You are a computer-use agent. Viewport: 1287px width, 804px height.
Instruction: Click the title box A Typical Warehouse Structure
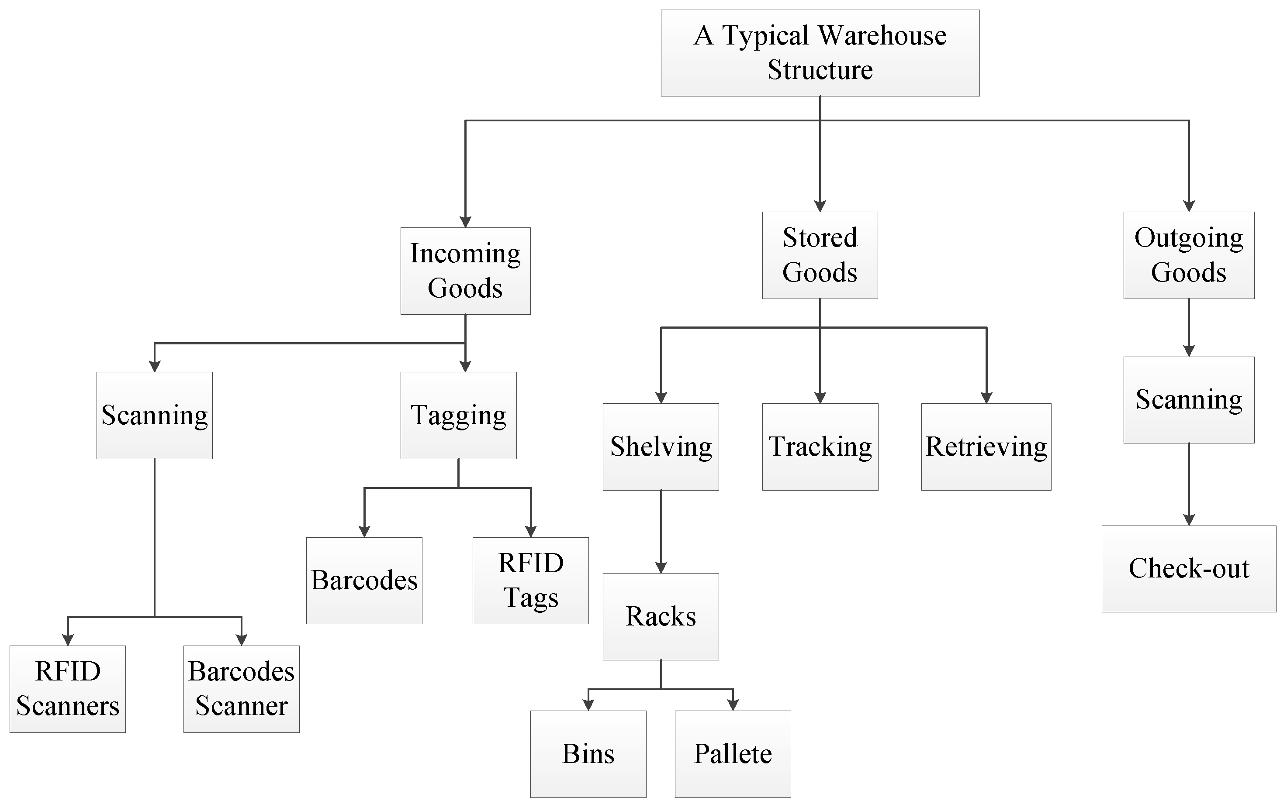(820, 53)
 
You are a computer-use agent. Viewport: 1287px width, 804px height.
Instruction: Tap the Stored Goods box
(820, 255)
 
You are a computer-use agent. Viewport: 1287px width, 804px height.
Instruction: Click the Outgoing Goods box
(1189, 255)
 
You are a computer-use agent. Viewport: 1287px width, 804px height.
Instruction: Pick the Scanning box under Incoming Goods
(154, 415)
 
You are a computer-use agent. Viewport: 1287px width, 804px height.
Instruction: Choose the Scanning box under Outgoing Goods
(1189, 399)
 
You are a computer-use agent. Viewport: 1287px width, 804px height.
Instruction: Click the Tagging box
(458, 415)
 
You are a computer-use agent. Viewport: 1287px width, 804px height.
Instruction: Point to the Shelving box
(661, 447)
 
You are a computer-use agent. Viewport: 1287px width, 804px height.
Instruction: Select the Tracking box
(820, 447)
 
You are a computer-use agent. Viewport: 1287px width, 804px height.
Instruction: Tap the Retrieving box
(986, 447)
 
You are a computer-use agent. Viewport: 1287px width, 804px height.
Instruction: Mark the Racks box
(661, 616)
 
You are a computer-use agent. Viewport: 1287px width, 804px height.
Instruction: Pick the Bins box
(588, 753)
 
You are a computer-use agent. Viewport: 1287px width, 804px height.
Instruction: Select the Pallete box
(733, 753)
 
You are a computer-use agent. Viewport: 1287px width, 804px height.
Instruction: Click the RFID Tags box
(530, 580)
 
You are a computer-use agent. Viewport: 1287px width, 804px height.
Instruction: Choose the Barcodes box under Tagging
(364, 580)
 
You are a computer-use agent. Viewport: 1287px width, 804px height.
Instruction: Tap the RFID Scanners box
(68, 689)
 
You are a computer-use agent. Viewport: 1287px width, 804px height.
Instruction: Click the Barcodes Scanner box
(241, 689)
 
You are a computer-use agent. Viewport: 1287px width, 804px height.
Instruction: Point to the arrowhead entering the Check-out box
(1189, 520)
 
